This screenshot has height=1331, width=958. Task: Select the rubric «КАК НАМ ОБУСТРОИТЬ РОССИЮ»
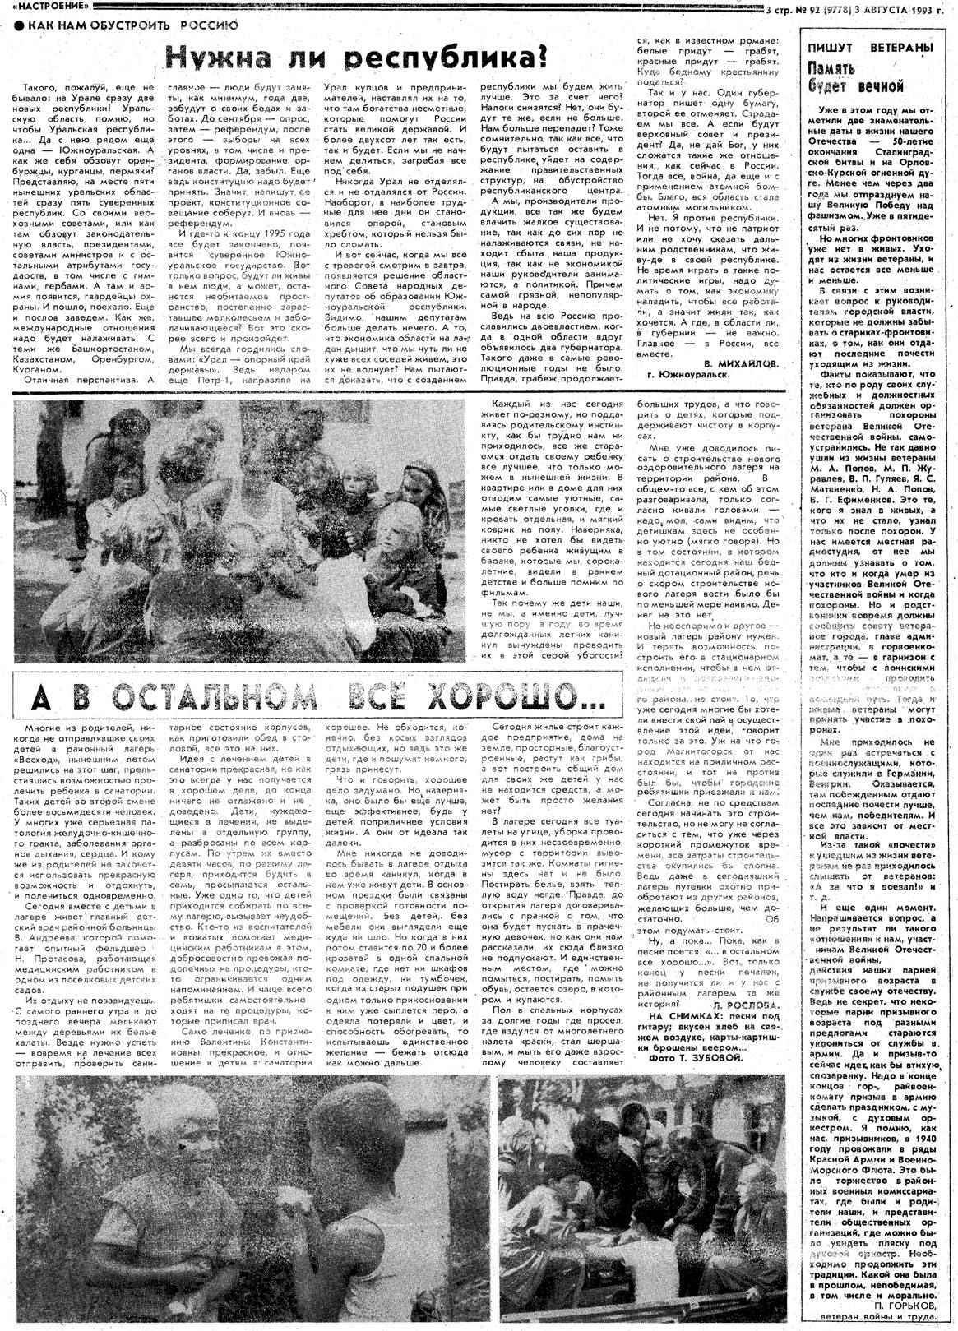[x=132, y=25]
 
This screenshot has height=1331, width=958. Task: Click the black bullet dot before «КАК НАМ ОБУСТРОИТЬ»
[x=18, y=25]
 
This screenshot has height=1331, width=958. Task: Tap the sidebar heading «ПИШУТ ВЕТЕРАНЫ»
[x=869, y=49]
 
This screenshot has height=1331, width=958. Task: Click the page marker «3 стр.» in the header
[x=780, y=10]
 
